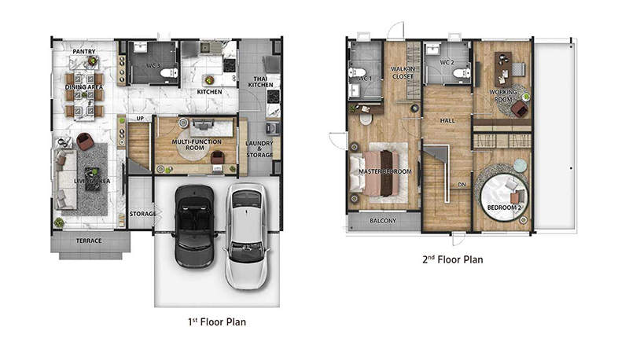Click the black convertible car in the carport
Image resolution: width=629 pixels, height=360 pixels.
coord(194,226)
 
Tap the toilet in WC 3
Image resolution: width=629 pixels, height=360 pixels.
coord(168,73)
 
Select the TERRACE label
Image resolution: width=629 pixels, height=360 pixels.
coord(89,241)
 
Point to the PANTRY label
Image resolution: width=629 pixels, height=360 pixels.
coord(84,51)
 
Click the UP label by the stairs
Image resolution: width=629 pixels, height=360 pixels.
coord(140,118)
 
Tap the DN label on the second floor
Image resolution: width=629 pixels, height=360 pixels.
coord(462,185)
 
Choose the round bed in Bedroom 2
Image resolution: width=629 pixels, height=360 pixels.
coord(503,199)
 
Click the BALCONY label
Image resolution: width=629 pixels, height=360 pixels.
coord(383,221)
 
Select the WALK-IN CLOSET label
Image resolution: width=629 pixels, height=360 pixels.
coord(403,72)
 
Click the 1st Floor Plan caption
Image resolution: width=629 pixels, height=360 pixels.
coord(217,322)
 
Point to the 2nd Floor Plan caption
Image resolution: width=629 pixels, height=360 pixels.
coord(453,259)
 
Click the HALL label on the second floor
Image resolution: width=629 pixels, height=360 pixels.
coord(447,120)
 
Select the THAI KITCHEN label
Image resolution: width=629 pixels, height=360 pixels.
coord(260,82)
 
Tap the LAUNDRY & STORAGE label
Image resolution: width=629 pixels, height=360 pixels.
coord(259,149)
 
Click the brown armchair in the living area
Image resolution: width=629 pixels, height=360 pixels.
coord(85,141)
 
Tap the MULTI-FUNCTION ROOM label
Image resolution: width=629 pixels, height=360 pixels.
coord(197,145)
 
